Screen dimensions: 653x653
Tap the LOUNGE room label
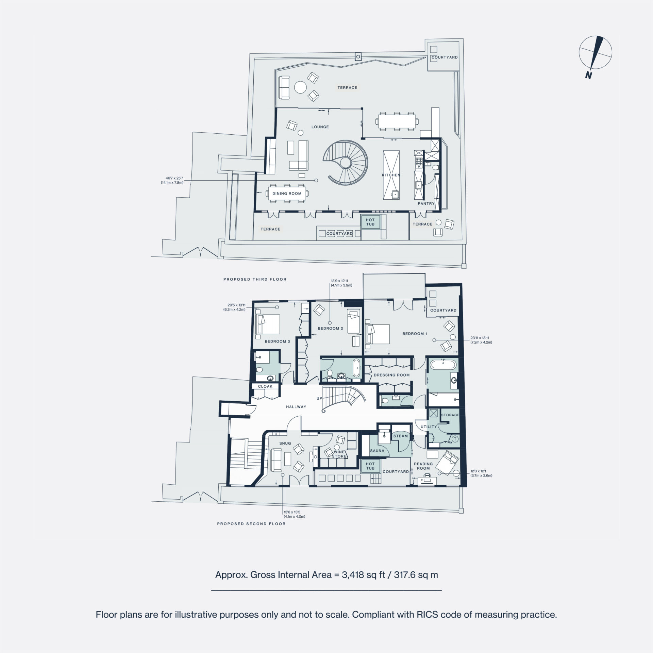320,127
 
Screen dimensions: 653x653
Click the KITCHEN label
391,175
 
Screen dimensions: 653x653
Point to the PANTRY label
426,203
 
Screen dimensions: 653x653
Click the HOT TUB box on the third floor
370,222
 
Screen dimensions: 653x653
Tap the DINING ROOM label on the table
287,194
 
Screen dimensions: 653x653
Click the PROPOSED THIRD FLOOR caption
255,279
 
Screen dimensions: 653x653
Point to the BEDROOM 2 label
330,328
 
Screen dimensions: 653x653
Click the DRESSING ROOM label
391,375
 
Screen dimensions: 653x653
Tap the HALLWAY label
296,407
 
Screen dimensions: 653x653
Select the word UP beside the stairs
319,398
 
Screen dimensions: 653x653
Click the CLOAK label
265,386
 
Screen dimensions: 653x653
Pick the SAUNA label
377,451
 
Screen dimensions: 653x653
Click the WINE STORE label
339,454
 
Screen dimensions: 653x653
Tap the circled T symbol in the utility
455,439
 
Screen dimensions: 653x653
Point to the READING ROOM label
423,466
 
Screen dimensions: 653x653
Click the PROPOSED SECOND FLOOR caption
251,524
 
